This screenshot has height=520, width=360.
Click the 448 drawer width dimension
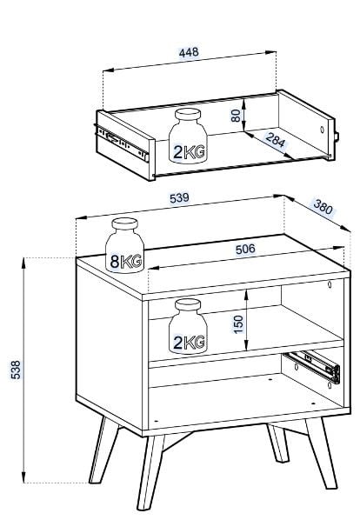189,52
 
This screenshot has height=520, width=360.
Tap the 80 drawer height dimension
236,116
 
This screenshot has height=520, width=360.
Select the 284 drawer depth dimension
276,140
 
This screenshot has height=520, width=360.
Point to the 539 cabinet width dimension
179,198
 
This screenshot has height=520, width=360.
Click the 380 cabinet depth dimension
323,207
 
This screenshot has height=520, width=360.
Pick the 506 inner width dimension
245,249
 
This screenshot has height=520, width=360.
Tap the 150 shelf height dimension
238,324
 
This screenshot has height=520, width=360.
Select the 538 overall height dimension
16,370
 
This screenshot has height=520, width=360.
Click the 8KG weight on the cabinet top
124,245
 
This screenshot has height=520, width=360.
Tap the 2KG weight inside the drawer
188,136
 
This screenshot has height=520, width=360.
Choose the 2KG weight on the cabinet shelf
188,326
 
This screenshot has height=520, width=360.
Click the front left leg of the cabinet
150,472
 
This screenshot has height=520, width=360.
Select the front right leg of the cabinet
321,453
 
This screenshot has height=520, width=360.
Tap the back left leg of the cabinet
103,450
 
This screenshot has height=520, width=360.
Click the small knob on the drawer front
337,137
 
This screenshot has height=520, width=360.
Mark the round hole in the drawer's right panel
322,130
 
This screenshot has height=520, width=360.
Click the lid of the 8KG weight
124,223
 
